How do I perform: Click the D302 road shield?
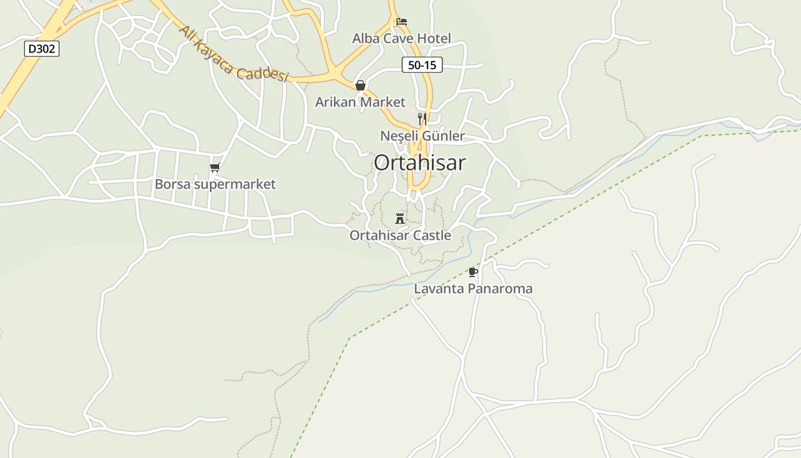pos(42,49)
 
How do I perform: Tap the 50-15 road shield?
pos(422,65)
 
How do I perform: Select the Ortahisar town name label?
pos(419,163)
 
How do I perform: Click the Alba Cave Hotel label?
pos(401,38)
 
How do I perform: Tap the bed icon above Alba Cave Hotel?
pos(402,22)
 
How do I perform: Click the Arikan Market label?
pos(360,102)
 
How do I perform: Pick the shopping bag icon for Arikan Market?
pos(360,85)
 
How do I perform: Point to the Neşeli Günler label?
pos(422,136)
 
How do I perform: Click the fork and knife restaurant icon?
pos(422,119)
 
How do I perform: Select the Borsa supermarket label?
pos(215,184)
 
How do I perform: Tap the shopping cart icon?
pos(215,168)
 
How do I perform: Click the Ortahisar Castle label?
pos(400,235)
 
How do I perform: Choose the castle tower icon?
pos(400,218)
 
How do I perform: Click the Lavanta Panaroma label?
pos(473,289)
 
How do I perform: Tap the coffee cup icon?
pos(473,272)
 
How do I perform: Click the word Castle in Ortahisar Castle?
pos(433,235)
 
